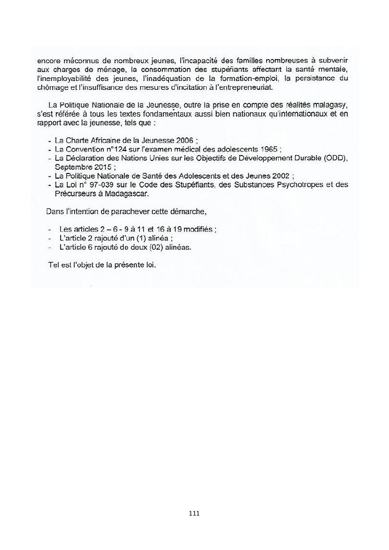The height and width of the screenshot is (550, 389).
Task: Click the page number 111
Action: point(194,513)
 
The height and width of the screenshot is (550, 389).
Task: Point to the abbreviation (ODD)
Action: point(335,158)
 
